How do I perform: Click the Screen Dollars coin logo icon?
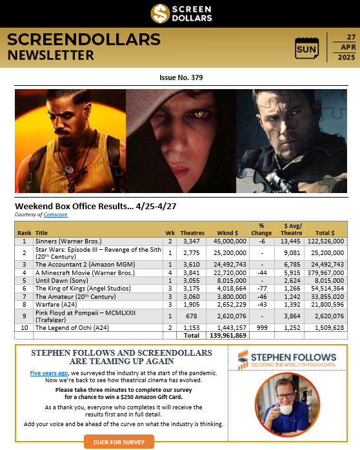point(161,13)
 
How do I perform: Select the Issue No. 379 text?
point(181,77)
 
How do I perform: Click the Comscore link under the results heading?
point(56,214)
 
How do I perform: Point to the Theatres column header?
point(192,232)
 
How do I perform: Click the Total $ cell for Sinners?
point(328,240)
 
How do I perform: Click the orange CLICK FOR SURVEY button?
point(119,442)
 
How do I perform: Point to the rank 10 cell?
point(24,328)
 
